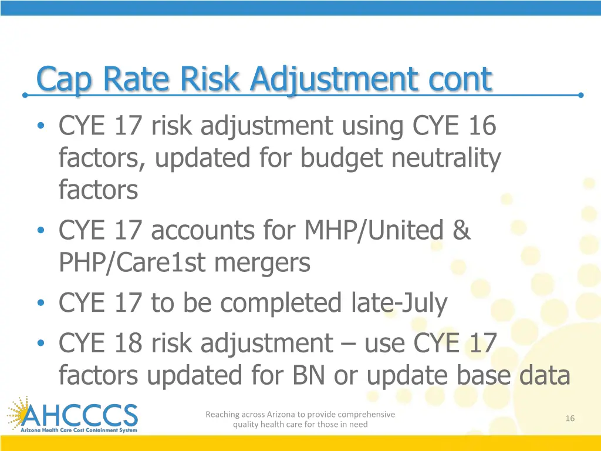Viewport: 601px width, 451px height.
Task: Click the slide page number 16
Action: coord(569,418)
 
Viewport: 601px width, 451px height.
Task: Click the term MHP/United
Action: coord(374,230)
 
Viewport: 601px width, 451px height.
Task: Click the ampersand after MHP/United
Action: coord(461,230)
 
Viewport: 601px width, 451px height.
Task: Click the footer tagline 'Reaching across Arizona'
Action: coord(300,419)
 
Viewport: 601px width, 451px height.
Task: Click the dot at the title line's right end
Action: coord(580,95)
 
